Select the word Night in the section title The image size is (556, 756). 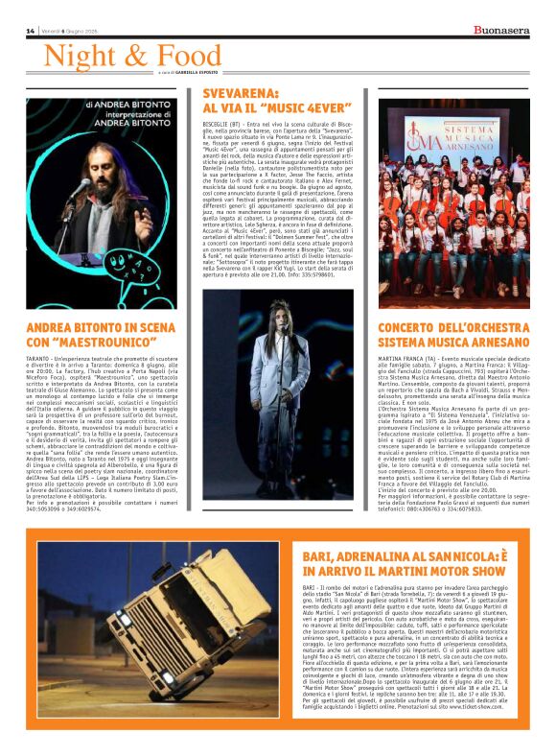pos(78,55)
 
